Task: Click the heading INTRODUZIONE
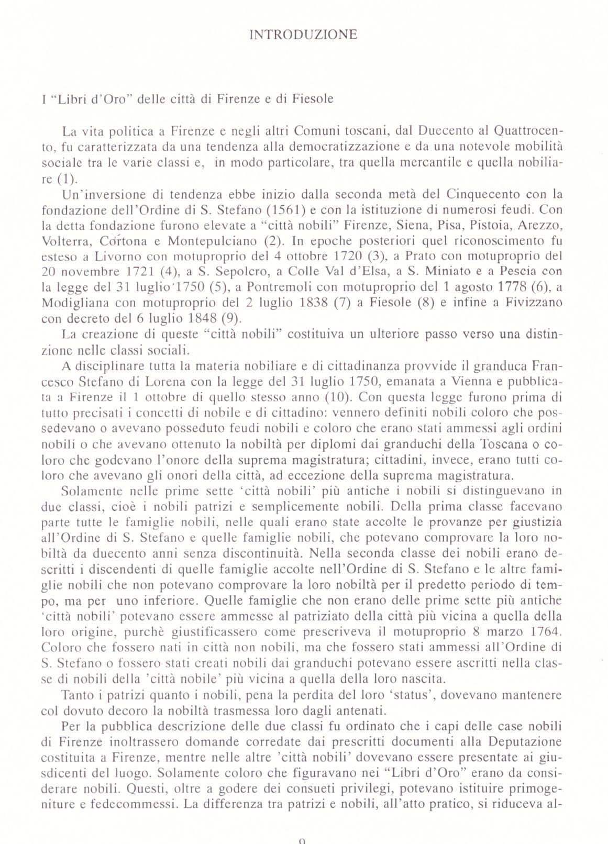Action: pyautogui.click(x=304, y=35)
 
